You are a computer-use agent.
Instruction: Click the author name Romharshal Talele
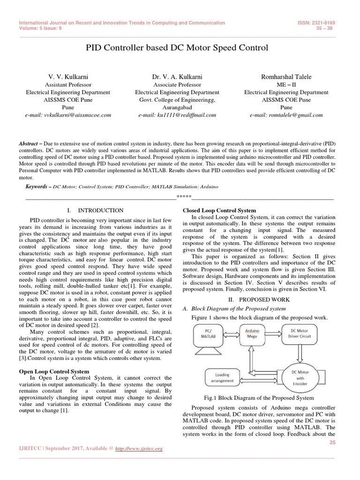[x=286, y=77]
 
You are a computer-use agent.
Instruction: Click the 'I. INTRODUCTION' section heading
[x=96, y=210]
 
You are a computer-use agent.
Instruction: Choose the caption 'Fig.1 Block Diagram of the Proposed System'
[x=258, y=397]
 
